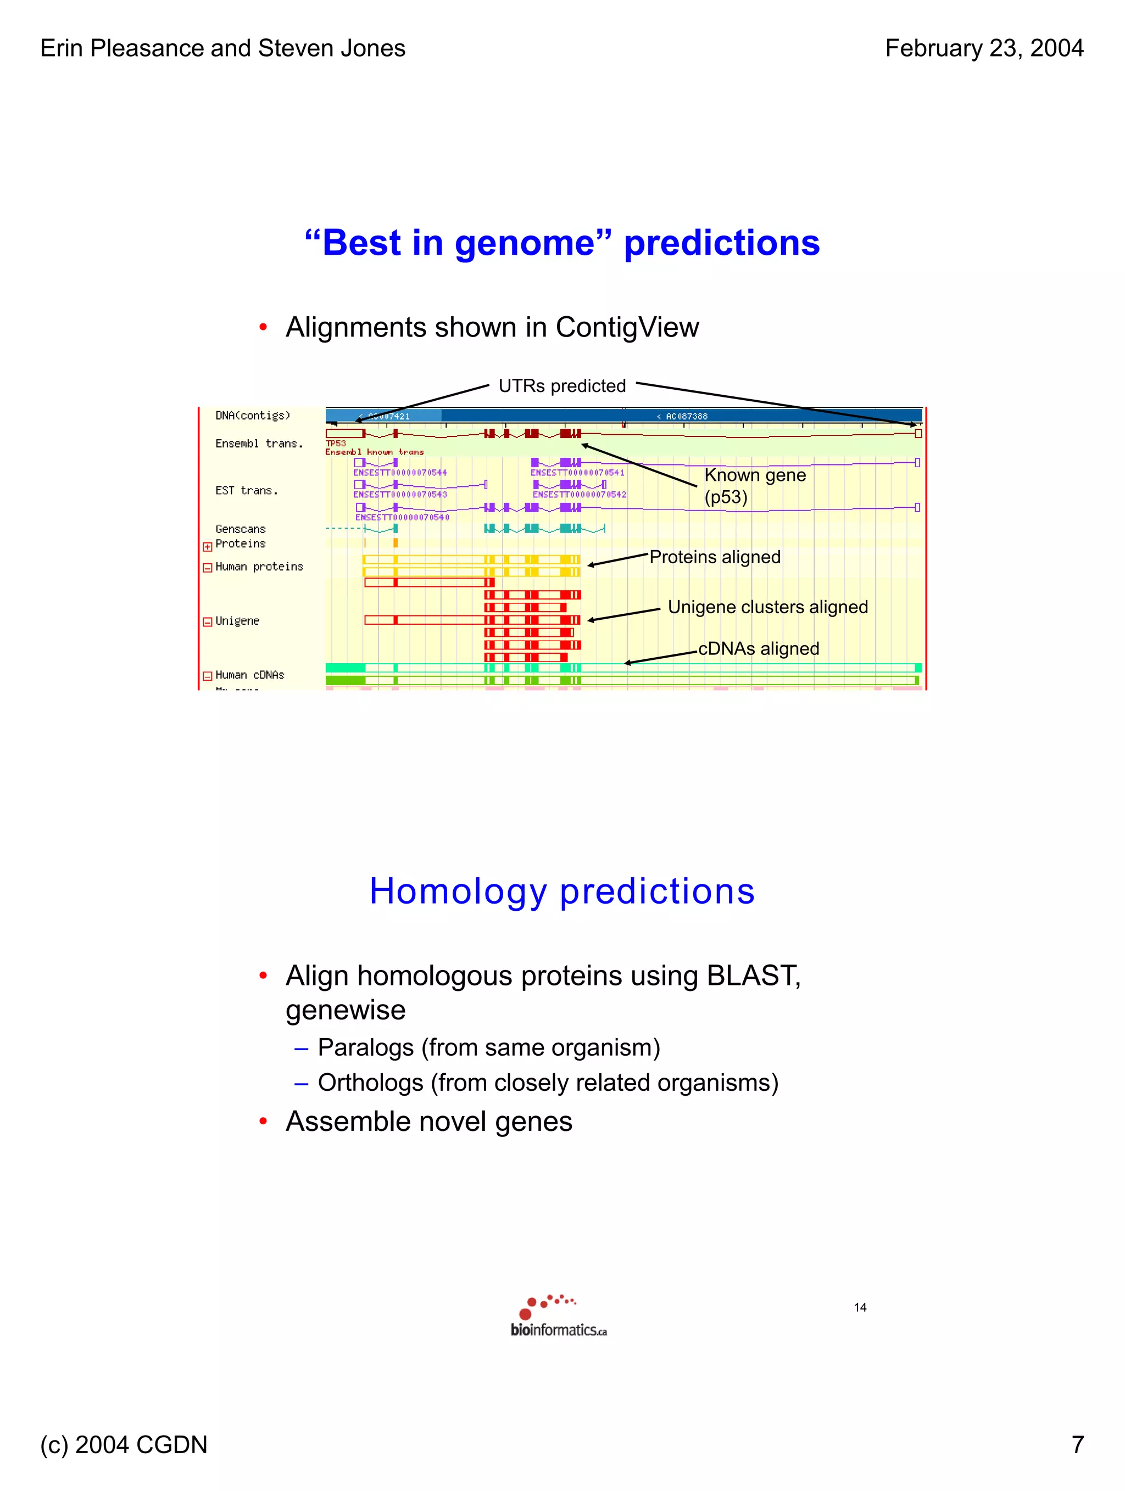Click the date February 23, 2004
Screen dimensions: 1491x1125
(983, 48)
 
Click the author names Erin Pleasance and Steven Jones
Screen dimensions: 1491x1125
(222, 48)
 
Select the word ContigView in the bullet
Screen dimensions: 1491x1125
(627, 328)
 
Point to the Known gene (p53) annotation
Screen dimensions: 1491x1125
(754, 485)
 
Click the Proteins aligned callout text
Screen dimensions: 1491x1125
(714, 557)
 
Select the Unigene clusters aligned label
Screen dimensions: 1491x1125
(767, 607)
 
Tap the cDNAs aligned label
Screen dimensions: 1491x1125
(758, 648)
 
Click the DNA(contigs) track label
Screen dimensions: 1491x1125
(252, 415)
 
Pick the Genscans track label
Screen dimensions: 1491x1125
(240, 529)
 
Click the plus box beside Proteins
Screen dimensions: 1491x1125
(208, 547)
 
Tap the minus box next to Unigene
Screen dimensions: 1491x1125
(208, 621)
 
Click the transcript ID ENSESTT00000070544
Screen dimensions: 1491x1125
(400, 473)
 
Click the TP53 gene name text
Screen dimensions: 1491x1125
(336, 444)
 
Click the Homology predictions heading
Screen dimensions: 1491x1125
(562, 891)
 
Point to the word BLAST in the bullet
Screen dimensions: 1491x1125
(751, 976)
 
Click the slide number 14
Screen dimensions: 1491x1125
(859, 1308)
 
